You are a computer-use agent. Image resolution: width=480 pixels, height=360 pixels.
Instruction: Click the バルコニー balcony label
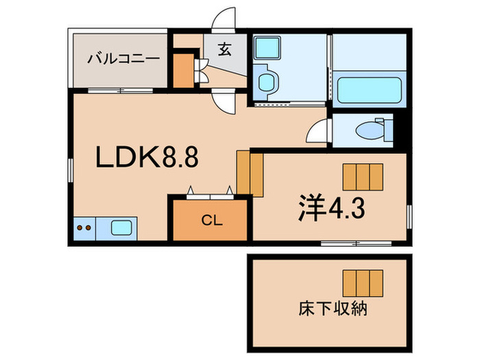tap(123, 58)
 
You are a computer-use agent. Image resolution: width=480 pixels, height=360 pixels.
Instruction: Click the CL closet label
tap(211, 220)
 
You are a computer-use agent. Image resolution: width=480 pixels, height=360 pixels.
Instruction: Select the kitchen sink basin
tap(121, 227)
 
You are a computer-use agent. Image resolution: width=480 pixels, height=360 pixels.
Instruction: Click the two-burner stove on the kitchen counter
tap(85, 227)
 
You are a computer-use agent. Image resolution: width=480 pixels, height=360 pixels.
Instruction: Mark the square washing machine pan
tap(265, 48)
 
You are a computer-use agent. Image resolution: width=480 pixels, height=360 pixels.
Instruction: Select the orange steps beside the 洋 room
tap(250, 172)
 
